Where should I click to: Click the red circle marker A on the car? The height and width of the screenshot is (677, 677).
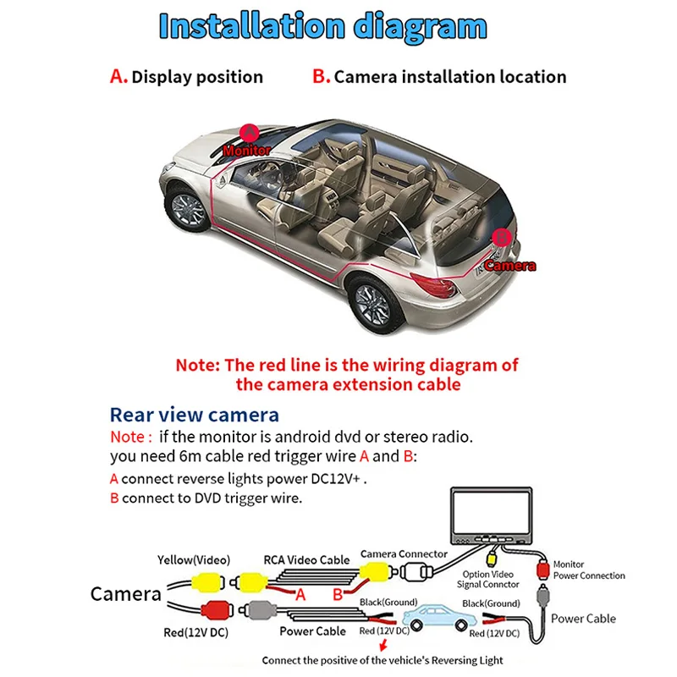coord(249,134)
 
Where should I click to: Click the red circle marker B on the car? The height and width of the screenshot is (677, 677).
coord(502,238)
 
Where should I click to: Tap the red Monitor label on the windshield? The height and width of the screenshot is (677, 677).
coord(247,151)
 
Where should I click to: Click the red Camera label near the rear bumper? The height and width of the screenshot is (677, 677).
coord(510,266)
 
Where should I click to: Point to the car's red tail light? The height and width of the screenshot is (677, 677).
coord(435,285)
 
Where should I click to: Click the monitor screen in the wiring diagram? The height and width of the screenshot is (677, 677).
coord(492,513)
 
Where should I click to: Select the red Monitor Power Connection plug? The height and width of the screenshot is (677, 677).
coord(542,570)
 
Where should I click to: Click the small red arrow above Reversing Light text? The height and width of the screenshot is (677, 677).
coord(383,646)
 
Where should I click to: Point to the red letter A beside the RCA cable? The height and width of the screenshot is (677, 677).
coord(300,595)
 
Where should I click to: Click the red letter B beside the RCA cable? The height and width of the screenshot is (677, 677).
coord(338,595)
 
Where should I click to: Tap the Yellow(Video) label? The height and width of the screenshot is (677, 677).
coord(194,560)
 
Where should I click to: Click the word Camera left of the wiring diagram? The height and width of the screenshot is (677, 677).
coord(125,594)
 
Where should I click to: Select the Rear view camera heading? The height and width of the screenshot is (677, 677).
coord(195,415)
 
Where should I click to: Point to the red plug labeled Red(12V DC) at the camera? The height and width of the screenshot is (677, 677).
coord(217,609)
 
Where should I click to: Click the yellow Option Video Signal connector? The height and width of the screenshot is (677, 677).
coord(493,559)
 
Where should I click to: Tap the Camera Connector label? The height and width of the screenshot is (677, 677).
coord(404,554)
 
